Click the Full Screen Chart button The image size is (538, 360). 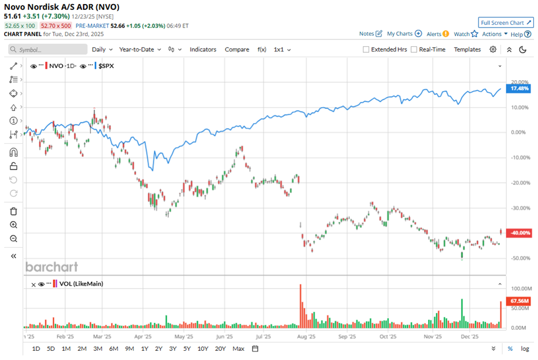(505, 23)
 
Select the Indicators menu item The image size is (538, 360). (203, 50)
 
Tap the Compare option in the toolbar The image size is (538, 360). (237, 50)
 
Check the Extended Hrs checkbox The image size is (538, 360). (366, 50)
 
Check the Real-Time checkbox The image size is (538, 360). (414, 50)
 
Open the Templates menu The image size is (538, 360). (467, 50)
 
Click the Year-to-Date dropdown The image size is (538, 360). (140, 50)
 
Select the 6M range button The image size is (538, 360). (113, 349)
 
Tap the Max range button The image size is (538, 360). (239, 349)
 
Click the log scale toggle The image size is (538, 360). (525, 349)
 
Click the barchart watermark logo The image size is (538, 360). (52, 267)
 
